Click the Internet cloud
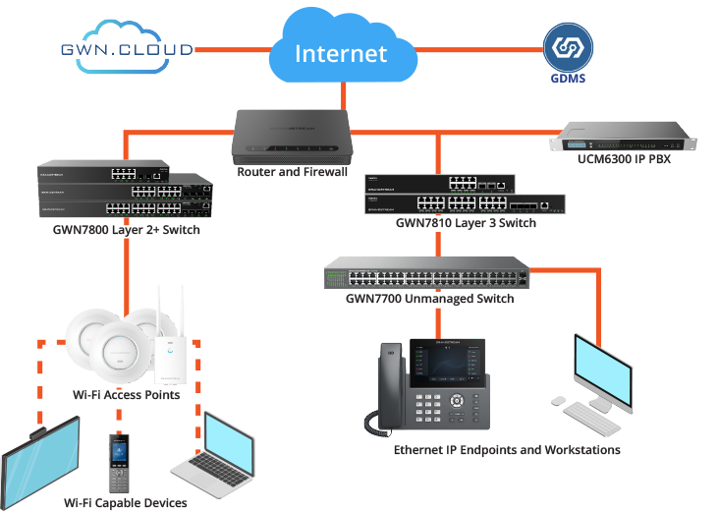click(x=341, y=51)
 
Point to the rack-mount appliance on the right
click(x=625, y=141)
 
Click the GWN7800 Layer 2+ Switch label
click(x=120, y=230)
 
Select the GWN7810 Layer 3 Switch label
click(x=466, y=223)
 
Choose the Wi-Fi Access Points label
click(x=126, y=395)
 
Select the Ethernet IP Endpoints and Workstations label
click(x=507, y=450)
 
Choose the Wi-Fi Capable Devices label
click(x=125, y=503)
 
